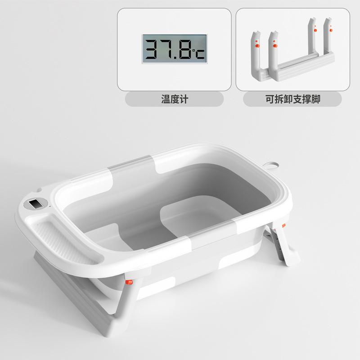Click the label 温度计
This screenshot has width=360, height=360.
coord(174,99)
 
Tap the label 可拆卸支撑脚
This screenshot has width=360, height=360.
coord(292,99)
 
